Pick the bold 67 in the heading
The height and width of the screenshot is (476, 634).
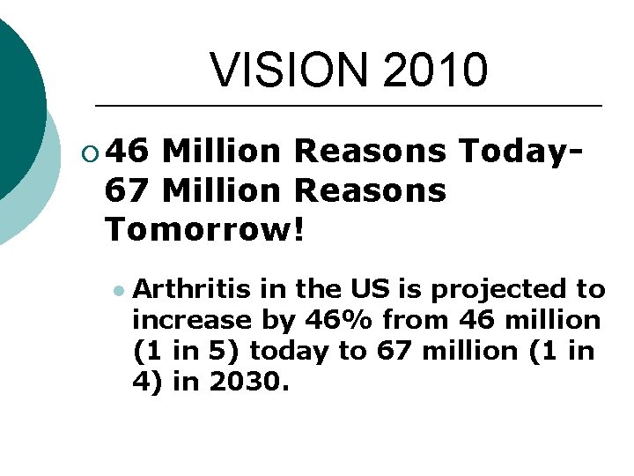point(127,190)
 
